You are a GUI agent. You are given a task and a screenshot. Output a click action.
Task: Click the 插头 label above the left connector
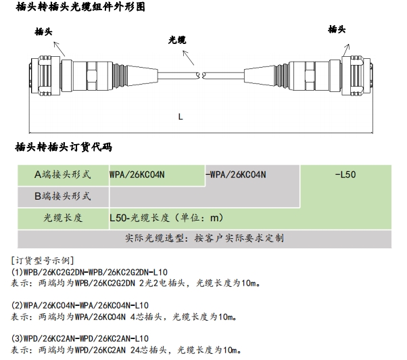[x=44, y=31]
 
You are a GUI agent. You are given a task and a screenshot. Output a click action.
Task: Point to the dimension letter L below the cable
[x=181, y=116]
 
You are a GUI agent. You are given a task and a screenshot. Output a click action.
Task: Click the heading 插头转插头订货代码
[x=63, y=147]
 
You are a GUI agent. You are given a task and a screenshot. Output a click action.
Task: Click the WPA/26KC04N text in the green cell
[x=137, y=174]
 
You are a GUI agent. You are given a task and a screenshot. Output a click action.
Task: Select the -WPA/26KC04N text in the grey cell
[x=235, y=174]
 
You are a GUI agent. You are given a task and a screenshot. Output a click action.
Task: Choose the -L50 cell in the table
[x=345, y=174]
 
